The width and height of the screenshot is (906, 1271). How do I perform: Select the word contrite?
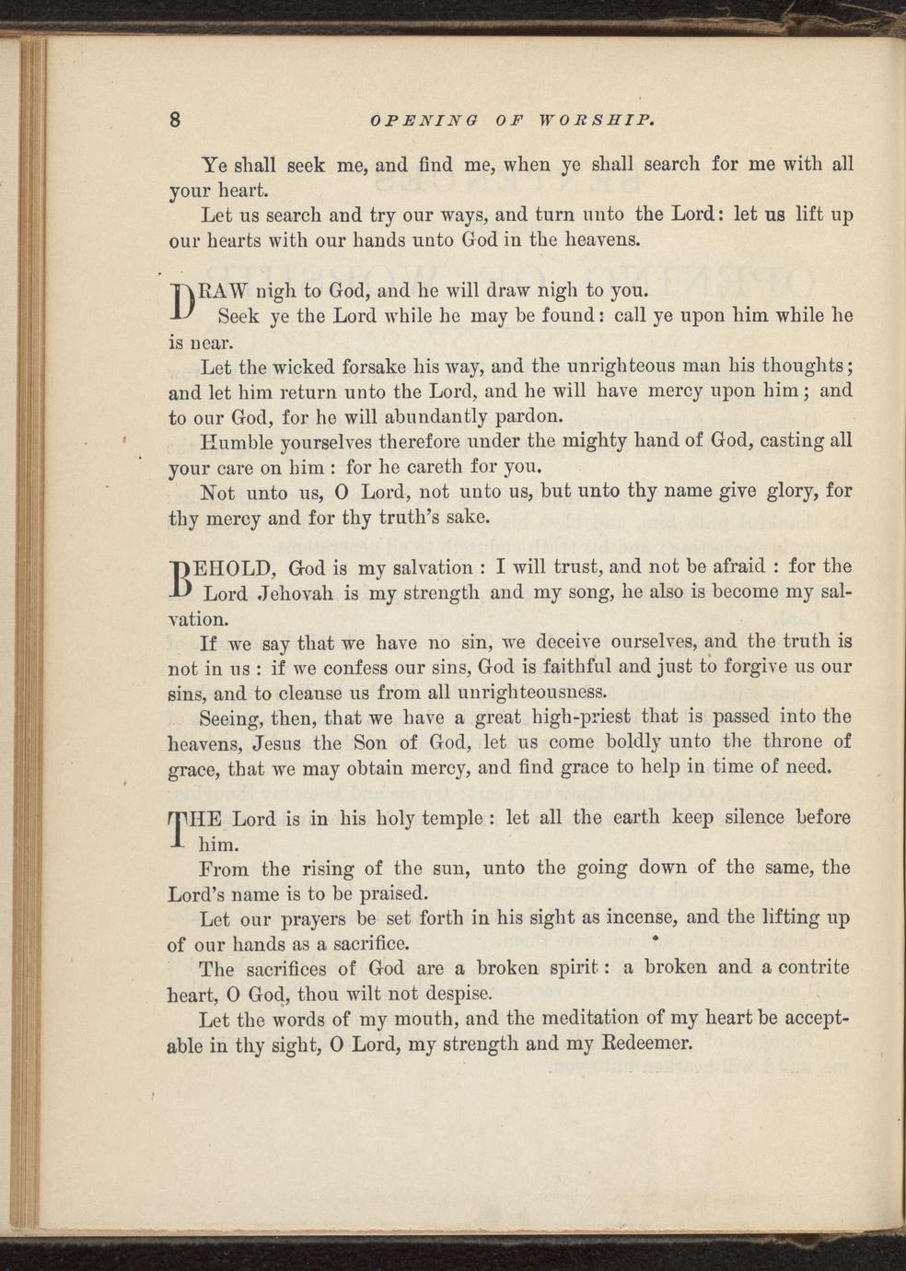click(x=807, y=967)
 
